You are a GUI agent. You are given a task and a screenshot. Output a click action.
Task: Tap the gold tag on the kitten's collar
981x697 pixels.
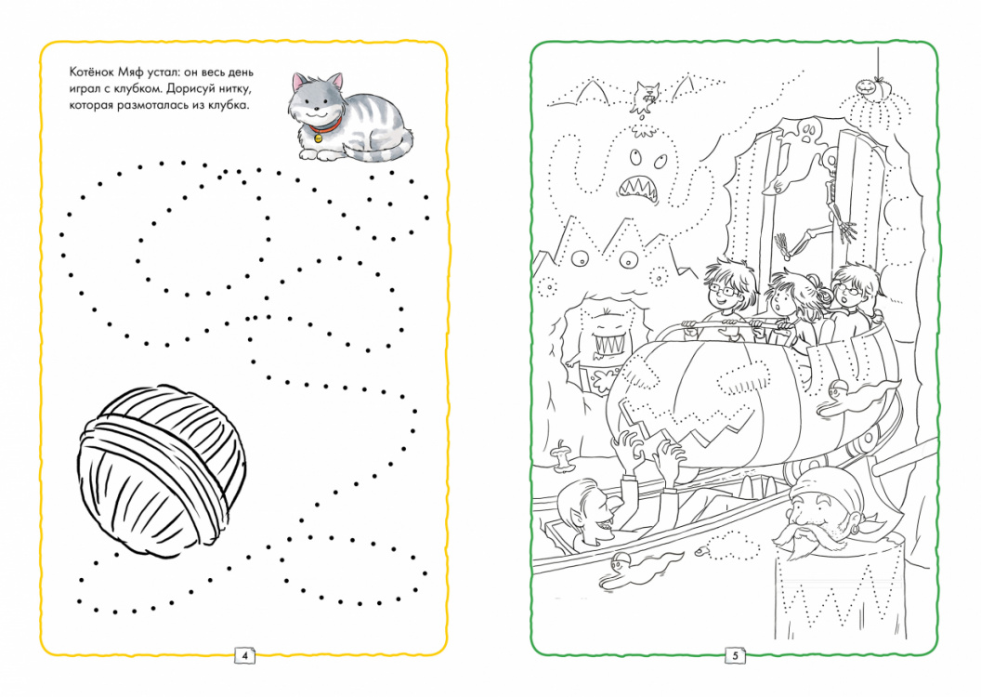click(318, 137)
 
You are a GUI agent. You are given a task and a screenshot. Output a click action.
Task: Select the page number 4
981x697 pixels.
click(244, 655)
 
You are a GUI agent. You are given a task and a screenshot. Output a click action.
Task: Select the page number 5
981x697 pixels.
click(736, 655)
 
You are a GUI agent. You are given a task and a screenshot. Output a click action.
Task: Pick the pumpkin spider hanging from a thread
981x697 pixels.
click(866, 86)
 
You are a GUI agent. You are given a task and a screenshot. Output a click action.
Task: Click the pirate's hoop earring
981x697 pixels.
click(850, 521)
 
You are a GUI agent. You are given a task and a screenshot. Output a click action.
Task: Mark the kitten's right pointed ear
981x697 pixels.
click(337, 82)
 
